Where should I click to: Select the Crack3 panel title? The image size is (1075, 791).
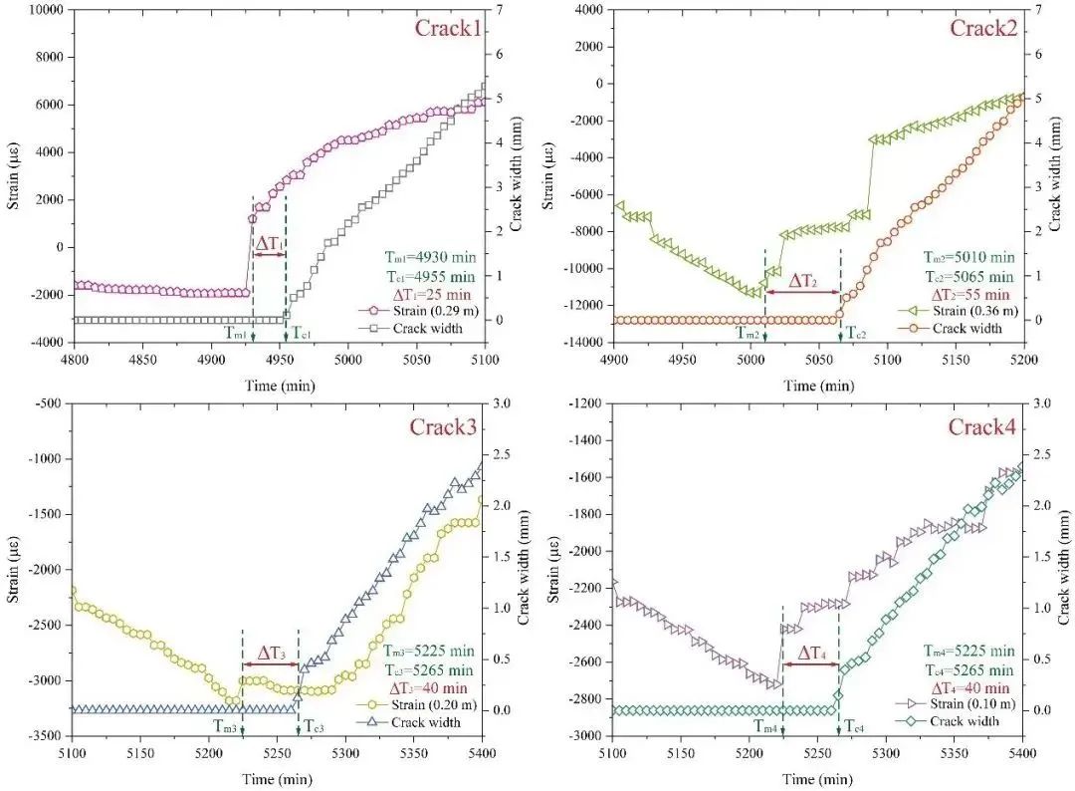click(x=443, y=427)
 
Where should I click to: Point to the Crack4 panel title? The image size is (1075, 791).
click(x=981, y=427)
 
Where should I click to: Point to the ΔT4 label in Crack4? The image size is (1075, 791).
click(x=809, y=656)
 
